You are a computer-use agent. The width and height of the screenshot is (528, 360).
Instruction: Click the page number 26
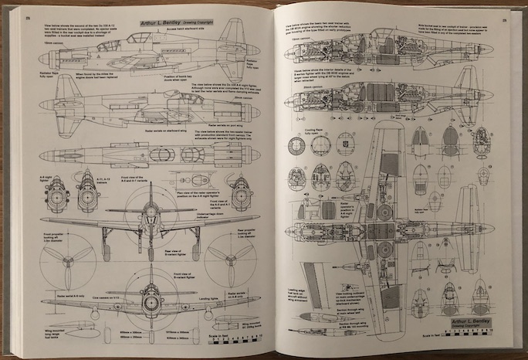pyautogui.click(x=27, y=18)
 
